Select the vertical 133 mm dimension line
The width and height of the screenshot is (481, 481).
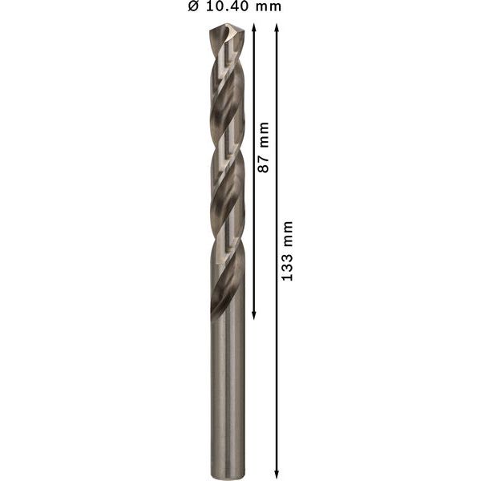pyautogui.click(x=277, y=361)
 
